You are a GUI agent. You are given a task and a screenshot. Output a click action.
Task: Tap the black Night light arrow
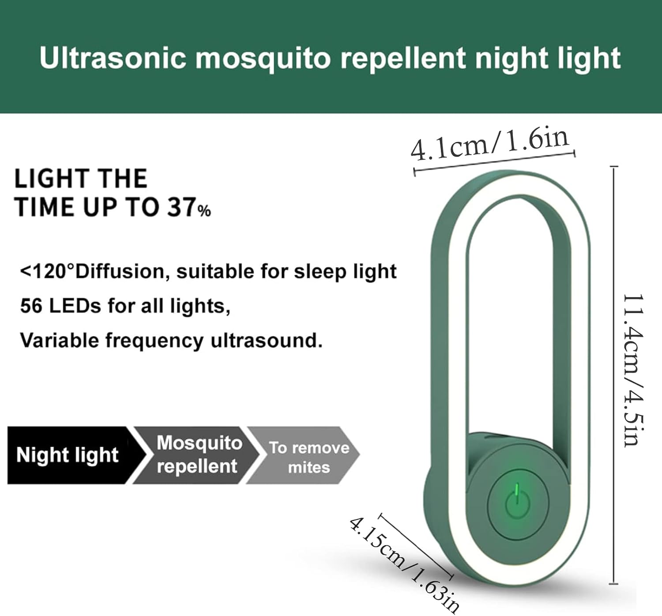(77, 455)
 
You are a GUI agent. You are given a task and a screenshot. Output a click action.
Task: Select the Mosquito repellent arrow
(197, 455)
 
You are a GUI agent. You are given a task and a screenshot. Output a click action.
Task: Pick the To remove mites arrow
(303, 455)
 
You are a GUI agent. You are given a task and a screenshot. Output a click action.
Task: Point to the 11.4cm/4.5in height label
(632, 370)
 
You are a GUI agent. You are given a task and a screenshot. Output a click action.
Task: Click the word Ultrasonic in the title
(113, 58)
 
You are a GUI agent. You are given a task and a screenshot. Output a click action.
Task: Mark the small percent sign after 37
(204, 211)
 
